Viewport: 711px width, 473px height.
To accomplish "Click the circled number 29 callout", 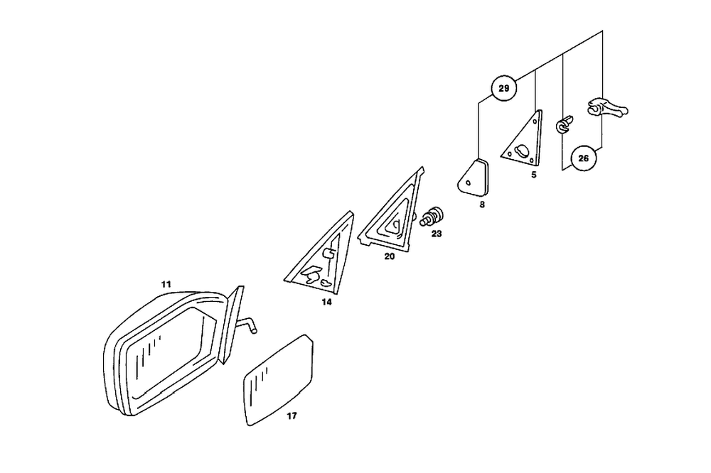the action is coord(503,89).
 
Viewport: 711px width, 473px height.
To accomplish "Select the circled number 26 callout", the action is coord(583,158).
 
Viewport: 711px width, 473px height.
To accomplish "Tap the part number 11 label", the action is coord(166,285).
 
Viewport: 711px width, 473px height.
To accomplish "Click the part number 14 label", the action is coord(326,302).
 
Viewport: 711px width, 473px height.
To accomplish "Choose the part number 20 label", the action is coord(390,256).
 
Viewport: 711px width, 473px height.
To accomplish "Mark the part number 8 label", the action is coord(482,205).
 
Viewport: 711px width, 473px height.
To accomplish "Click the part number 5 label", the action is coord(533,173).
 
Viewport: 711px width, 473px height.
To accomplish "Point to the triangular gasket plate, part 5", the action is coord(525,141).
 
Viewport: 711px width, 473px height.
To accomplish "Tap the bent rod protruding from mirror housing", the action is coord(246,325).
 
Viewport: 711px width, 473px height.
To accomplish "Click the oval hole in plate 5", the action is coord(523,151).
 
